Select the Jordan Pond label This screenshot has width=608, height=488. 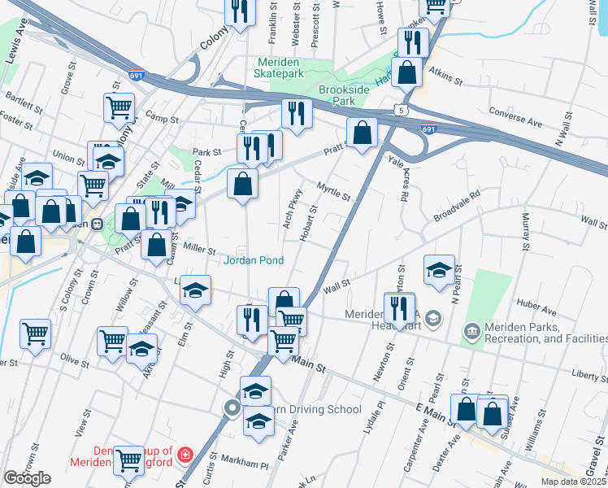pos(254,260)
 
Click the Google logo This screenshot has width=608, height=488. pos(27,478)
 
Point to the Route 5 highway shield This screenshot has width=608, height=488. pos(399,108)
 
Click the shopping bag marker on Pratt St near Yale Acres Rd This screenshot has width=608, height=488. pos(362,133)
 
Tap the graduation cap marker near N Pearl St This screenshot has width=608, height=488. pos(439,270)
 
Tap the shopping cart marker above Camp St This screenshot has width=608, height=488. pos(119,107)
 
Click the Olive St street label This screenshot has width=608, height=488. pos(74,359)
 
